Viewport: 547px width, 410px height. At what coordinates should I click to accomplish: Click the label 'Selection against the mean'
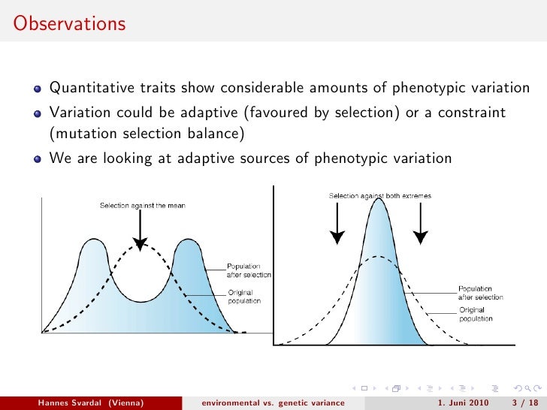[143, 205]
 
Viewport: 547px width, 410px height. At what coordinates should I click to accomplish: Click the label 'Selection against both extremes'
[380, 196]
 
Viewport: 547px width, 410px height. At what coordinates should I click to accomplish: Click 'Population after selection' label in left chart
[249, 270]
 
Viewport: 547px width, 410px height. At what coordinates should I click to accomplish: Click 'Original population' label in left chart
[244, 297]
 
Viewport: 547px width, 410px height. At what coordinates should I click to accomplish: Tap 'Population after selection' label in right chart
[481, 293]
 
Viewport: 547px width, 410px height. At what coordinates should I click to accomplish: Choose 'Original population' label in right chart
[476, 315]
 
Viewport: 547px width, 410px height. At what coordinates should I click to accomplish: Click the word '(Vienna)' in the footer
[125, 402]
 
